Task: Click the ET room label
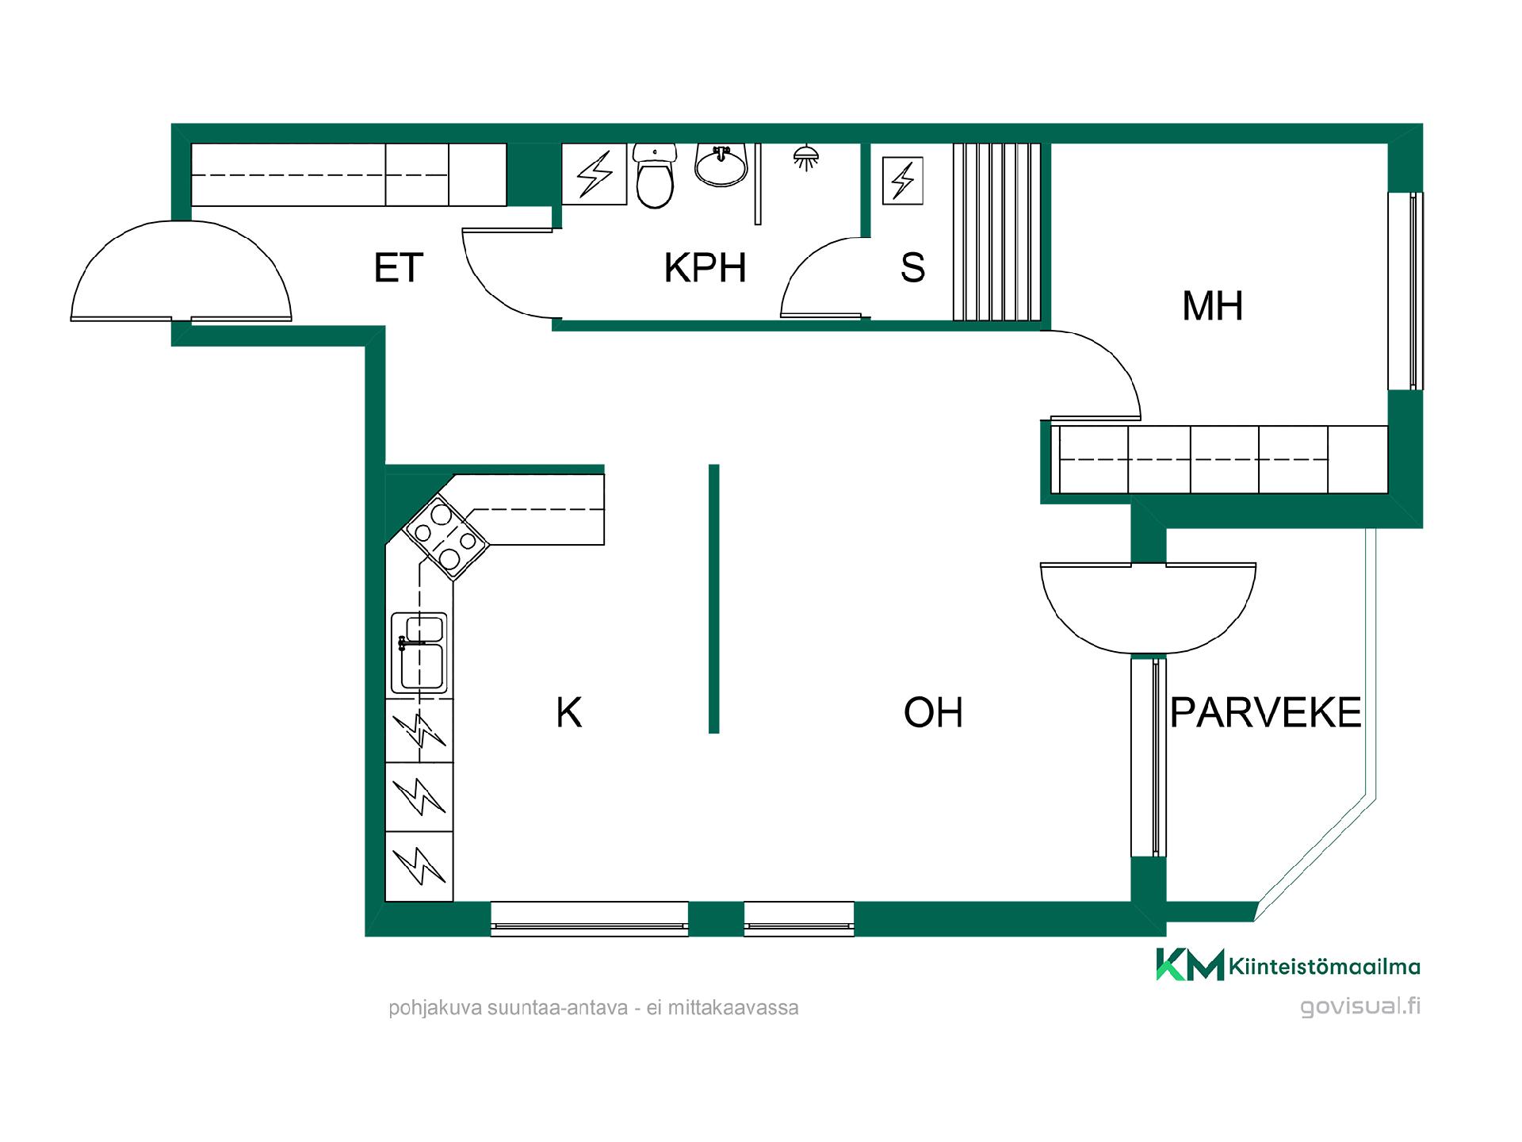(399, 268)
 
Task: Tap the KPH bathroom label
(705, 268)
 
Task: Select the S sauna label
(912, 268)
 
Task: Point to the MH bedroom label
(1212, 306)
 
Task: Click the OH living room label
(933, 712)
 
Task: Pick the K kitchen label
(569, 712)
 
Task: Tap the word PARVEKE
(1265, 712)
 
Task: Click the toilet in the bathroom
(655, 176)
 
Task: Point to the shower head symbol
(806, 158)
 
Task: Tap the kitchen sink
(419, 653)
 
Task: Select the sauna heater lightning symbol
(903, 181)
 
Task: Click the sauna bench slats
(997, 232)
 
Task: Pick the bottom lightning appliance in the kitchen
(419, 866)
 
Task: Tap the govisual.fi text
(1360, 1006)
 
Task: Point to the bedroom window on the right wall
(1405, 290)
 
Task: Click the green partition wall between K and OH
(713, 599)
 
